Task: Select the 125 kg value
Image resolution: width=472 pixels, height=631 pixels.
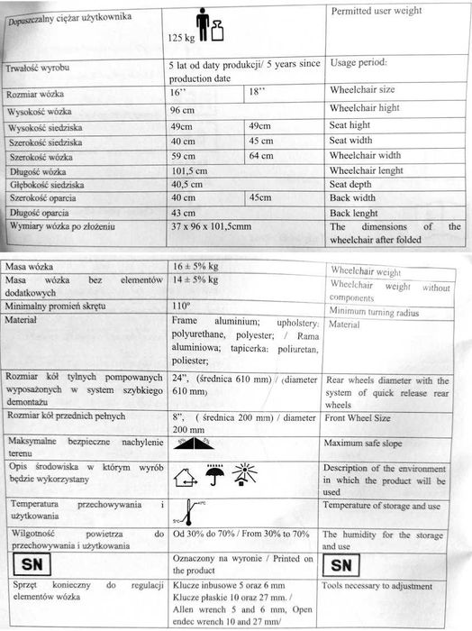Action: pos(181,39)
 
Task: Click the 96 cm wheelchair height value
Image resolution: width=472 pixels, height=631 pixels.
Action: pos(183,110)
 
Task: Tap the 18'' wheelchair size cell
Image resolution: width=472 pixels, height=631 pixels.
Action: pos(258,93)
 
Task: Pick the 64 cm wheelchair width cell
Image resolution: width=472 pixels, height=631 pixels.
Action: pos(261,156)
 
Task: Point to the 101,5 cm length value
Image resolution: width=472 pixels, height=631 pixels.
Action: pos(189,170)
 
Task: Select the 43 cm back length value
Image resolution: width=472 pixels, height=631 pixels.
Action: pos(183,213)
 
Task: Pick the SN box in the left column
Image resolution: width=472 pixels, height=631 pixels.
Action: pos(32,565)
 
